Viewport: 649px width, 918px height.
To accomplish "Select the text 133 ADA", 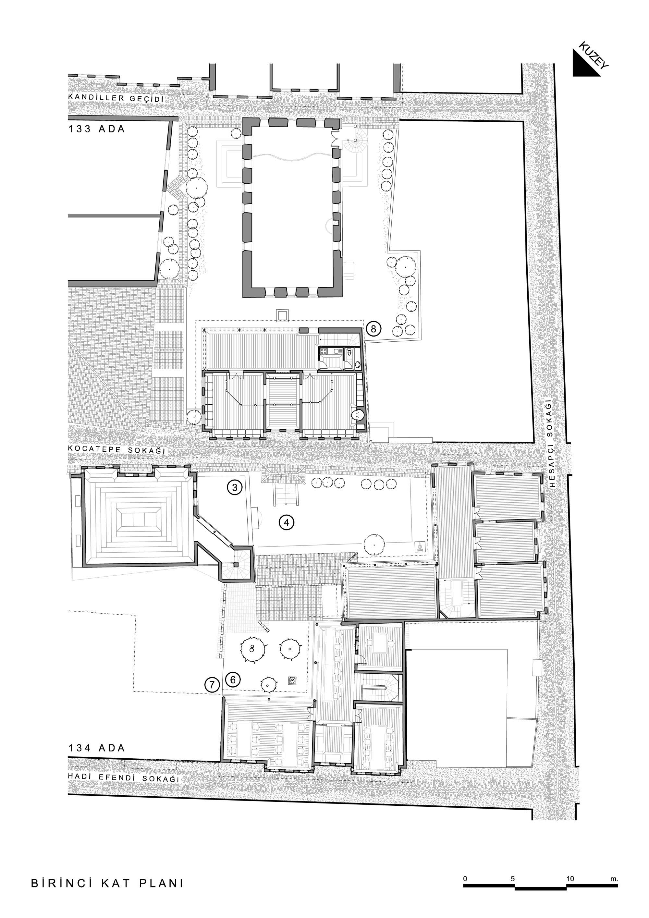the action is pyautogui.click(x=96, y=129).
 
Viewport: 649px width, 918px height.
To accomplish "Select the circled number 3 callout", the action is pyautogui.click(x=235, y=487).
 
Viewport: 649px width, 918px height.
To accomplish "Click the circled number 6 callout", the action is pyautogui.click(x=233, y=679).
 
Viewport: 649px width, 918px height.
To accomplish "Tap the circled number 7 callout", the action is pyautogui.click(x=212, y=685).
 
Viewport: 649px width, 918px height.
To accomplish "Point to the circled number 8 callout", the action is pyautogui.click(x=373, y=329).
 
